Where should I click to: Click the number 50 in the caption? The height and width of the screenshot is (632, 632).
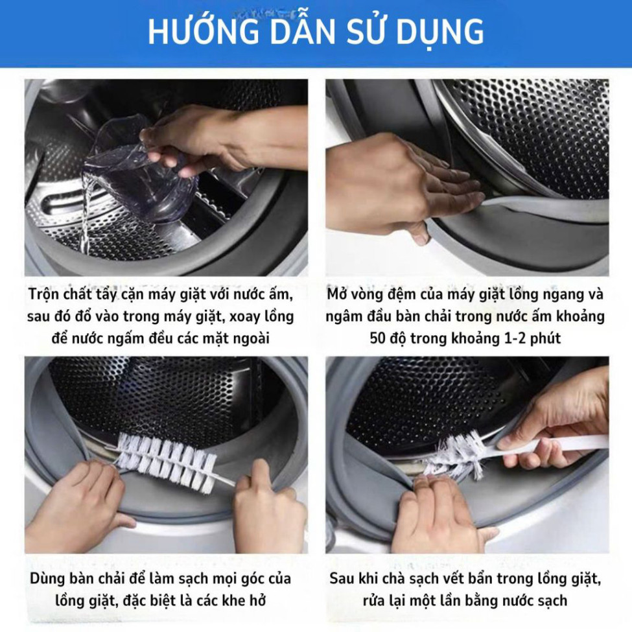(378, 338)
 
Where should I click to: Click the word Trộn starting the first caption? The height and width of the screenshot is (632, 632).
(44, 295)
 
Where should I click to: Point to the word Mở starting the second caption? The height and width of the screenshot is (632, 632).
(335, 294)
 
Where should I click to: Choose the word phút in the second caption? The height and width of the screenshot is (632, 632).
(545, 338)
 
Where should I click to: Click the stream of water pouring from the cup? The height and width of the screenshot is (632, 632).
(87, 214)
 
